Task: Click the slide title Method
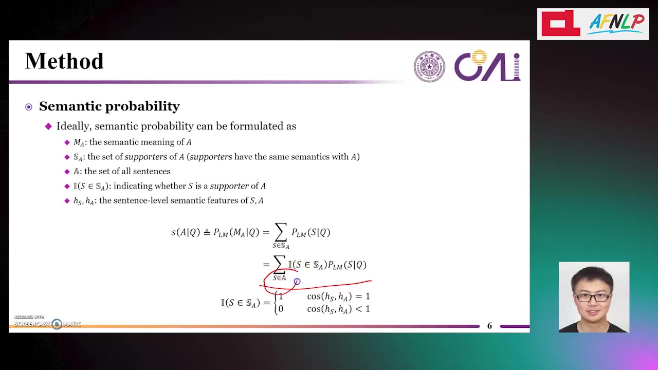(64, 61)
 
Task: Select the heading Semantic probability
(109, 106)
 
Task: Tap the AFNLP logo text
(616, 24)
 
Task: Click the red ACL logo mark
(561, 23)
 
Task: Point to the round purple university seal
(429, 66)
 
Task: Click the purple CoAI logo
(487, 65)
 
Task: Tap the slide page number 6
(489, 326)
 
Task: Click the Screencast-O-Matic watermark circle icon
(57, 324)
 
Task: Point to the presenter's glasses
(593, 297)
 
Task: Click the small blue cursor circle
(297, 282)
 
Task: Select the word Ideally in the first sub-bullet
(75, 126)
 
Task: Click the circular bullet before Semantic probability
(29, 107)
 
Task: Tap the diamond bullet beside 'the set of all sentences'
(67, 172)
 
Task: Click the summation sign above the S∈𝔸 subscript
(279, 265)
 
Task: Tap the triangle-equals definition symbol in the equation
(207, 232)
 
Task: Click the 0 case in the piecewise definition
(281, 309)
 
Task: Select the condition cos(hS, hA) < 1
(338, 309)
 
